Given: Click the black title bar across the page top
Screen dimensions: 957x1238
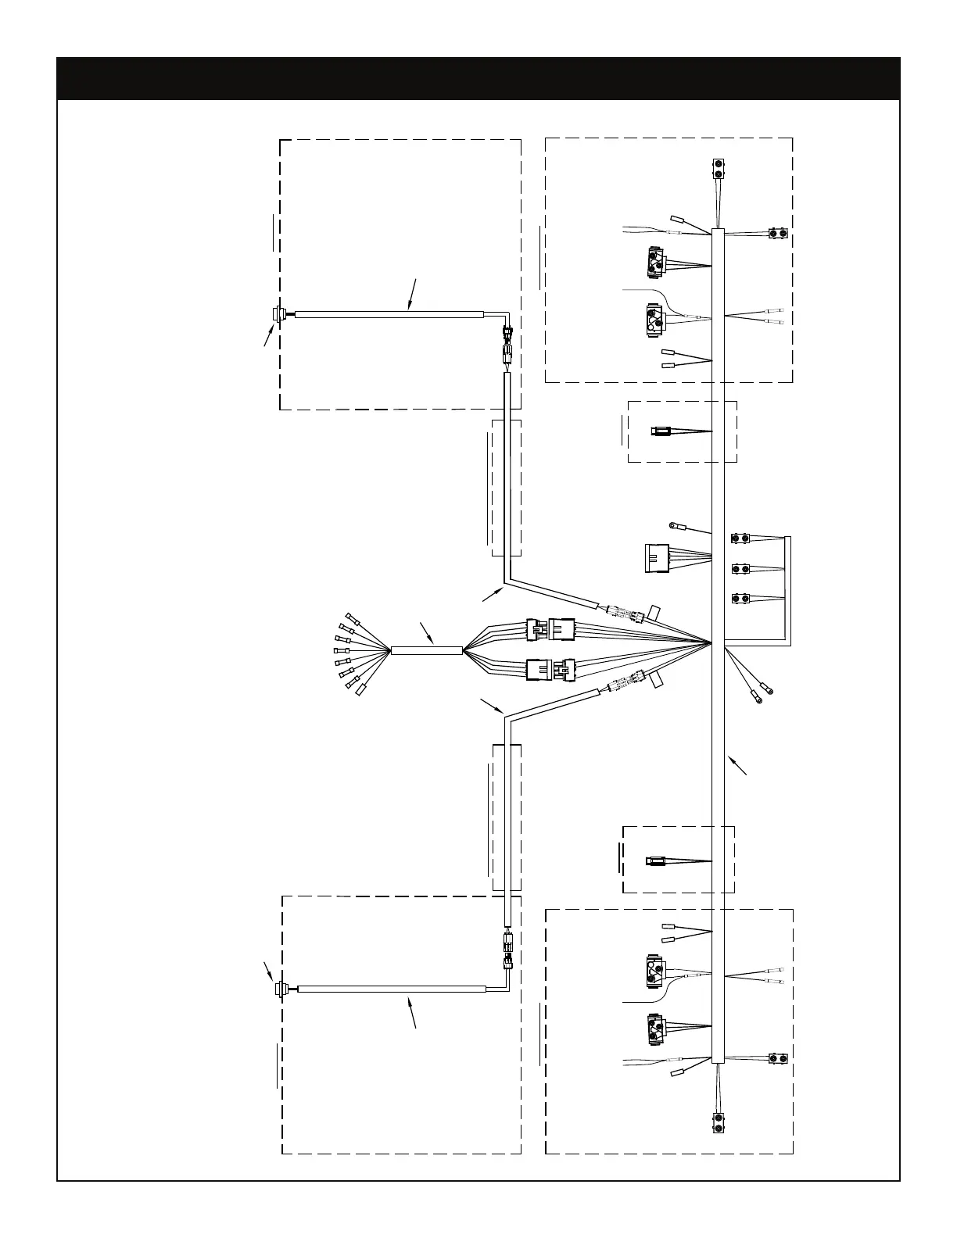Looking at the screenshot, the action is click(x=478, y=78).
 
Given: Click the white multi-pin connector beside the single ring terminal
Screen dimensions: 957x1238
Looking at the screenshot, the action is click(x=658, y=558).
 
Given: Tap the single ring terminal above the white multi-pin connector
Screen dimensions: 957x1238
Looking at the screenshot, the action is click(x=672, y=525).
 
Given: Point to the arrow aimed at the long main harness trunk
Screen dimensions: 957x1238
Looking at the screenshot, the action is click(x=737, y=765).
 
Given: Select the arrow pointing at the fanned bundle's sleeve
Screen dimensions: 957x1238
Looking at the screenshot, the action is click(x=427, y=632).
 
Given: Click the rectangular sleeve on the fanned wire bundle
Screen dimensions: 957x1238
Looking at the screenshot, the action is click(x=426, y=649).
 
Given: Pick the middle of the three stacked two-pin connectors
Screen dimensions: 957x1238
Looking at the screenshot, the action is click(x=740, y=568).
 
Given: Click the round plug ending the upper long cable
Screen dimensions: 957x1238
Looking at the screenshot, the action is click(x=277, y=314).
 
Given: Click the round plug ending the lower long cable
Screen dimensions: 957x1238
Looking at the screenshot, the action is click(x=280, y=990).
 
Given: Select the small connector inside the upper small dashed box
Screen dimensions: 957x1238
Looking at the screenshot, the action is click(x=659, y=431).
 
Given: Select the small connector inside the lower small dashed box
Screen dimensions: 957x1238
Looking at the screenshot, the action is click(x=655, y=862).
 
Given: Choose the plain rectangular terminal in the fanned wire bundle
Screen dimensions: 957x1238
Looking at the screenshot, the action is click(x=362, y=690).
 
